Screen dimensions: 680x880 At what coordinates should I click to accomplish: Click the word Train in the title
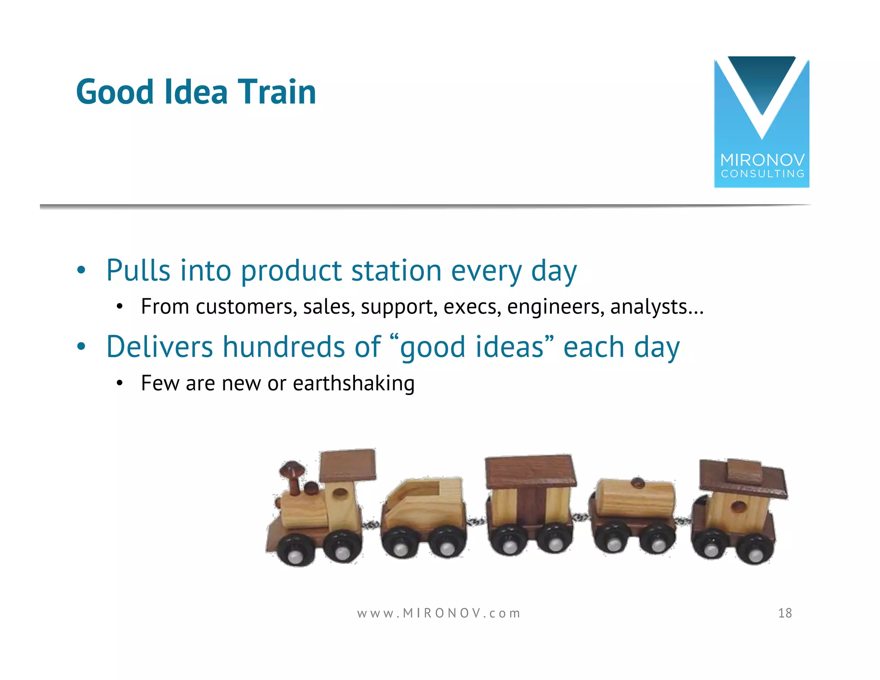tap(277, 92)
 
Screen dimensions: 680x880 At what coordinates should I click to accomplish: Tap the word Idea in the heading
tap(196, 92)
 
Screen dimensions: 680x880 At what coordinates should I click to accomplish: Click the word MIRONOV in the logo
tap(762, 160)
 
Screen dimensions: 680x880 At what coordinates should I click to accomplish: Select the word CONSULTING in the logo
tap(762, 174)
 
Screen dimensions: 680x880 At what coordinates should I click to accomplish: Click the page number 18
tap(785, 613)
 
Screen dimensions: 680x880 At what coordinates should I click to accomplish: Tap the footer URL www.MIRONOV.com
tap(439, 613)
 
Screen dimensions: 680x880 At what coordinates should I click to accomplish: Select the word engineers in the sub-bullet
tap(555, 307)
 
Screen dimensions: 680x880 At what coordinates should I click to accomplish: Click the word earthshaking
tap(353, 383)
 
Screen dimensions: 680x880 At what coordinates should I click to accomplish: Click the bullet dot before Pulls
tap(81, 271)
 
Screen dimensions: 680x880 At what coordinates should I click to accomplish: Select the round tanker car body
tap(636, 499)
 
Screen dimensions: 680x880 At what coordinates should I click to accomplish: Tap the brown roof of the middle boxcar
tap(530, 471)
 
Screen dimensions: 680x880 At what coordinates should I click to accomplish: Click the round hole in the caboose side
tap(739, 506)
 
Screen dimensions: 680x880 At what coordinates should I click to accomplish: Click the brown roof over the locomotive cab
tap(348, 465)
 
